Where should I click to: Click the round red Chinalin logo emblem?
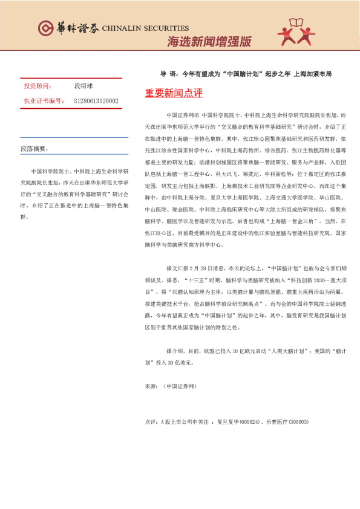46,28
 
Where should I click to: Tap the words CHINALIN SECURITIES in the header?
145,28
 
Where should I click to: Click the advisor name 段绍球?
83,86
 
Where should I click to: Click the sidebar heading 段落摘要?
34,148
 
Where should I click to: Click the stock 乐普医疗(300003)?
286,421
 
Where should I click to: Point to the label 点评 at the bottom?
150,421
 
